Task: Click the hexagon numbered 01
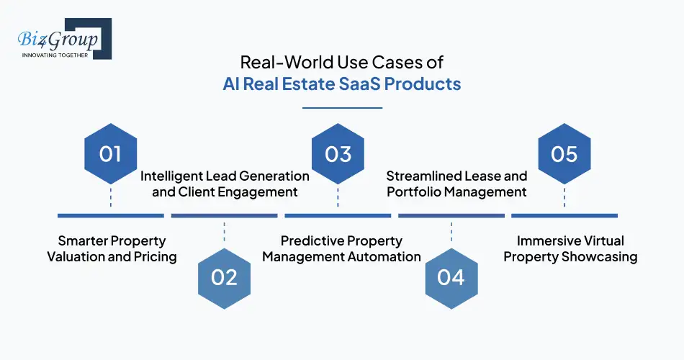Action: (x=111, y=154)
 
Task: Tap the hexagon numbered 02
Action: (x=225, y=277)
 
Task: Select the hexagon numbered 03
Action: (x=338, y=154)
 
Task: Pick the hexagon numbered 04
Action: (x=451, y=277)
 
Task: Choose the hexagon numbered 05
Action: (x=564, y=154)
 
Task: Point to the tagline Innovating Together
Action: (x=55, y=55)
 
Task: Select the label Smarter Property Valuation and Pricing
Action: (x=112, y=248)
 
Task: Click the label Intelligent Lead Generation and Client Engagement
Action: (x=225, y=184)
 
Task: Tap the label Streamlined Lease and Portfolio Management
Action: (x=456, y=184)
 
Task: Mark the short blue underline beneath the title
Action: (x=342, y=108)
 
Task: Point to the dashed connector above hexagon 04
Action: (x=451, y=232)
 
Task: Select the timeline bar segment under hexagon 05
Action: (x=564, y=215)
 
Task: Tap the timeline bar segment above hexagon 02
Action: (x=225, y=215)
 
